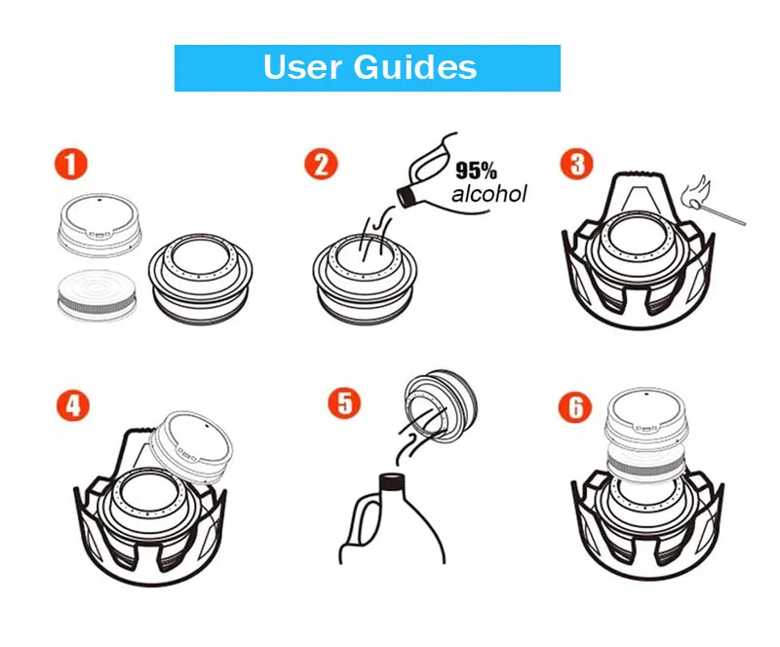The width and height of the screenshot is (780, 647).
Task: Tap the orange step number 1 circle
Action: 71,162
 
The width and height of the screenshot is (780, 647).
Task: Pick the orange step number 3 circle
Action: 577,163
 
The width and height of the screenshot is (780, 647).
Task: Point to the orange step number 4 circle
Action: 71,403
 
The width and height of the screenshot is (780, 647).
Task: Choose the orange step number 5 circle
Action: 343,401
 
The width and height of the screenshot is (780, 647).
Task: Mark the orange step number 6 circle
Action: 576,403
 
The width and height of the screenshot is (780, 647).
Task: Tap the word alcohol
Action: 488,194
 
